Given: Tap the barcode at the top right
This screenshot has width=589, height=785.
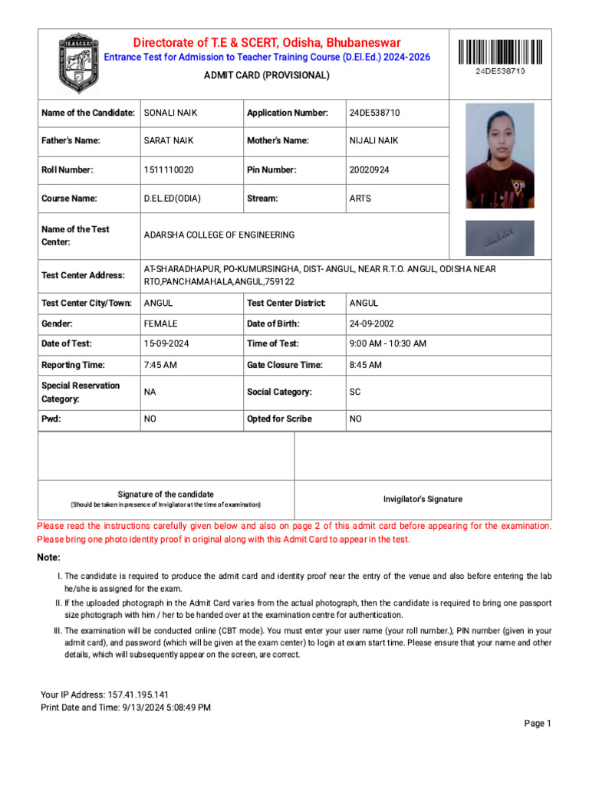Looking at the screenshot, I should click(500, 52).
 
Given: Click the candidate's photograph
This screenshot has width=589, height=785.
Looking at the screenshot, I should click(500, 156).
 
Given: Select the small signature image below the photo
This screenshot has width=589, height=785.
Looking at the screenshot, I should click(500, 238).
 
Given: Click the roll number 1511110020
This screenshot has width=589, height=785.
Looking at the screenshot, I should click(169, 170).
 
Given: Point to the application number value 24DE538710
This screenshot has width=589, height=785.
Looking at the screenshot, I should click(374, 113).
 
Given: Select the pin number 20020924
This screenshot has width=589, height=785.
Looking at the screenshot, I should click(369, 170).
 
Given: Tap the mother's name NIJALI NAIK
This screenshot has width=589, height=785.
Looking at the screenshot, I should click(373, 141).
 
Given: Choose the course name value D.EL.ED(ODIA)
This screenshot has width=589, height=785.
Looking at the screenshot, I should click(173, 199).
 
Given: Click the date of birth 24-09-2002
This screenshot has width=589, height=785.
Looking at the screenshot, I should click(372, 324).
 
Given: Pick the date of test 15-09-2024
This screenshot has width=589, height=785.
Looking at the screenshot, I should click(166, 344).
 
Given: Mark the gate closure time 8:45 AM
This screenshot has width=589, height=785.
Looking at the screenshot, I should click(365, 365).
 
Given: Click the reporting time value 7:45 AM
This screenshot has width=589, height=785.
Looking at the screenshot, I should click(160, 365).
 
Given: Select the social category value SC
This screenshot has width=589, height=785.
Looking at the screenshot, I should click(355, 392).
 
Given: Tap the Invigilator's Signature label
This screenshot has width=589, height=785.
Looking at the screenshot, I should click(423, 499).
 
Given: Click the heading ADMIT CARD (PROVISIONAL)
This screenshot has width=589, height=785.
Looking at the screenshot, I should click(266, 75).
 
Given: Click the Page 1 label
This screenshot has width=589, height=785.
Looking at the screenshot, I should click(538, 724).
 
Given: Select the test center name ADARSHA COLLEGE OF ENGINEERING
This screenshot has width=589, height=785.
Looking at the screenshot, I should click(219, 235).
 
